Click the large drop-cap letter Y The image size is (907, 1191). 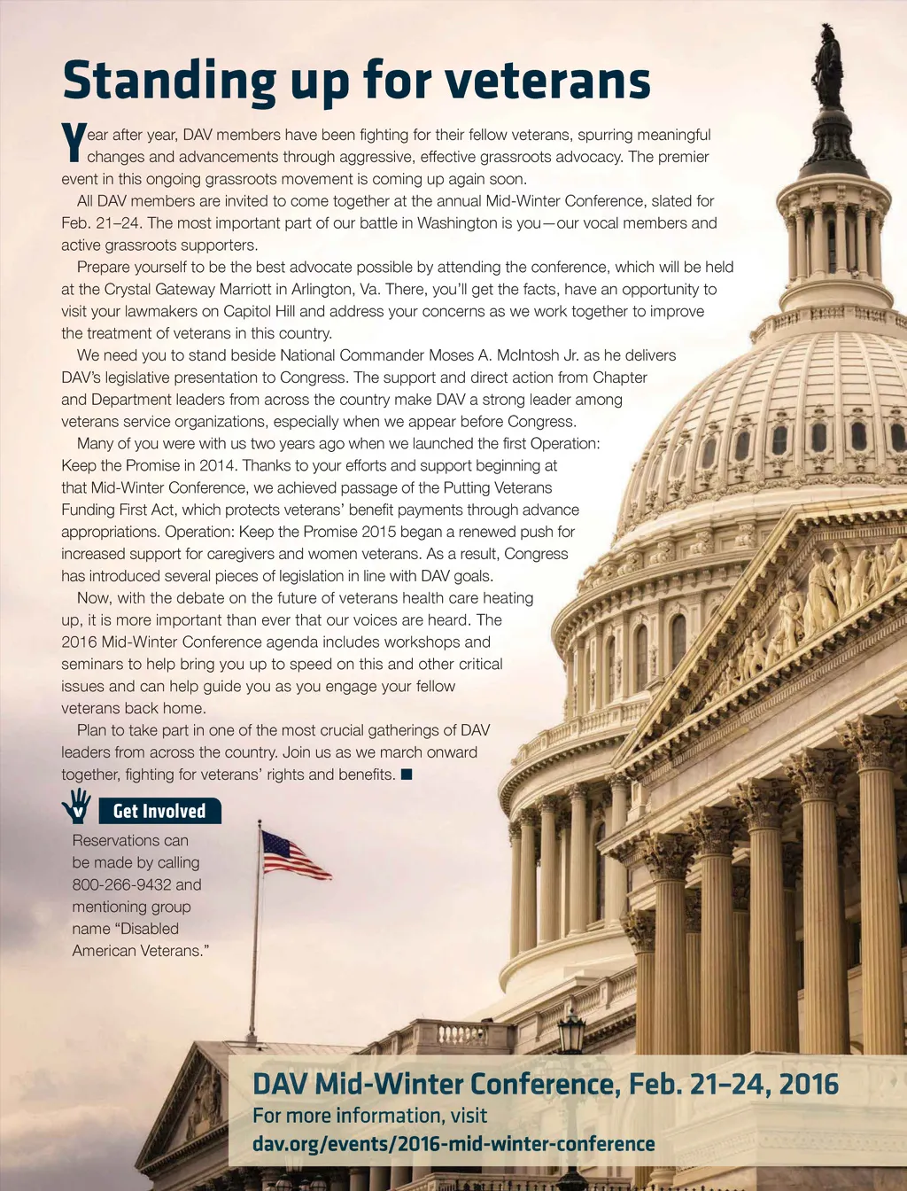[73, 144]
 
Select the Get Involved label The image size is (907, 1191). [159, 811]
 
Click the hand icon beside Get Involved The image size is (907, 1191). [77, 808]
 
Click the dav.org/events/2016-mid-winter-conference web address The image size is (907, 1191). [453, 1144]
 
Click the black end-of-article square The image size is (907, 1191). [407, 775]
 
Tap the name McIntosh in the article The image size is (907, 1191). [528, 355]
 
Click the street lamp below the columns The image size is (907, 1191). [571, 1032]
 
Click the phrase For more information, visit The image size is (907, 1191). [369, 1116]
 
